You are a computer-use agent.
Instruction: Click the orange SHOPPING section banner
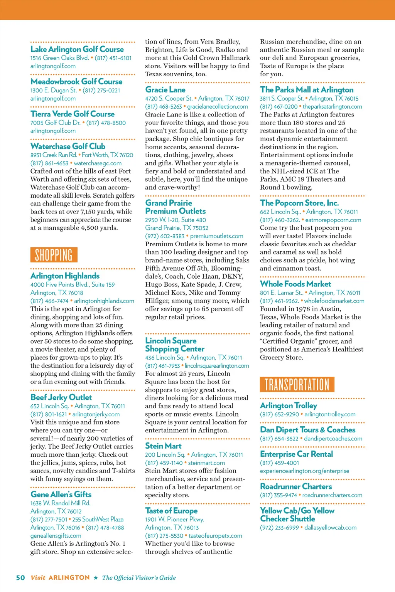click(x=54, y=255)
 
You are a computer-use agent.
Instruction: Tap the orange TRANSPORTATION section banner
click(x=297, y=384)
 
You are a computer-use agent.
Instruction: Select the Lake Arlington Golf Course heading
click(x=77, y=49)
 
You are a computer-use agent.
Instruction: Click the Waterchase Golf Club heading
click(x=68, y=146)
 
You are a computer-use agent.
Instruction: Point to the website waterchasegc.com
click(x=98, y=163)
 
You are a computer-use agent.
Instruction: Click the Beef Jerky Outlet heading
click(x=61, y=397)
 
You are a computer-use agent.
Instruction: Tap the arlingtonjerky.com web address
click(x=96, y=414)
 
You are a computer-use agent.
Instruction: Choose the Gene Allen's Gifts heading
click(x=61, y=494)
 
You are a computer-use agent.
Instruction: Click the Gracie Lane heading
click(x=165, y=90)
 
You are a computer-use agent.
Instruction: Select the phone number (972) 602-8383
click(x=165, y=236)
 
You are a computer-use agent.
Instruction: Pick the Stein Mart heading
click(x=163, y=446)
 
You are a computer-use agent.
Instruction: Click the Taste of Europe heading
click(x=171, y=511)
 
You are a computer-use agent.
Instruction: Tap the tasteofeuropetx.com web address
click(x=215, y=536)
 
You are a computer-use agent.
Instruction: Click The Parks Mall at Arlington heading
click(x=307, y=90)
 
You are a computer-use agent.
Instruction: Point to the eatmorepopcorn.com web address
click(x=333, y=220)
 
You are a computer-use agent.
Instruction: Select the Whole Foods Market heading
click(x=295, y=284)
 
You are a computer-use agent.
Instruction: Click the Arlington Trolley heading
click(x=289, y=405)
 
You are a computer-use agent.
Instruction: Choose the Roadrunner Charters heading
click(x=296, y=486)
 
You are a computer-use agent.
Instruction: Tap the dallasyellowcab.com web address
click(x=330, y=528)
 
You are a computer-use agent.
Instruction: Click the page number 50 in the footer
click(x=20, y=578)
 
